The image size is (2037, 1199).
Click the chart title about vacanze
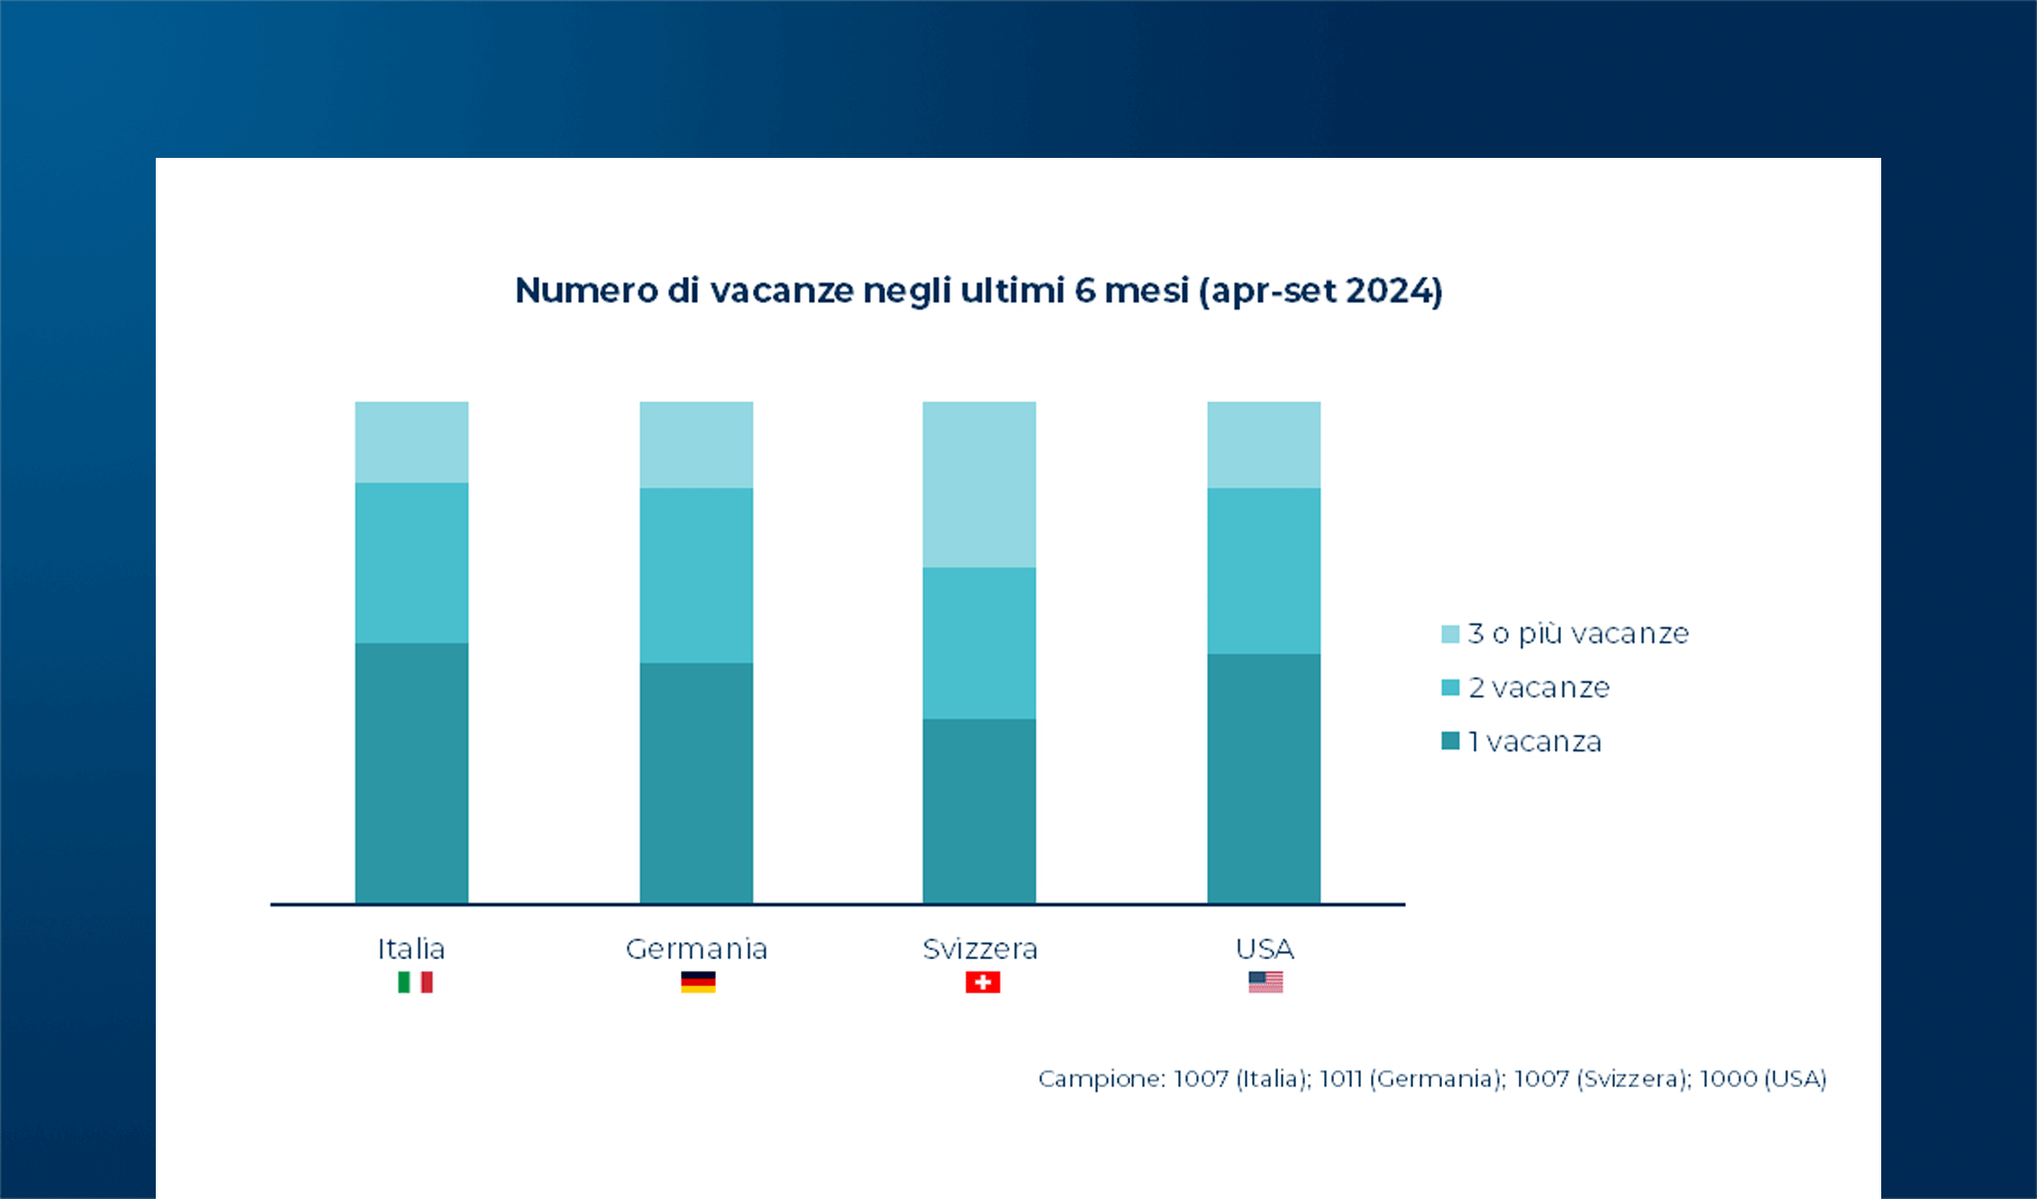point(979,291)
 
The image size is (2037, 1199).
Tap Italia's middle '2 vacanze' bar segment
point(411,563)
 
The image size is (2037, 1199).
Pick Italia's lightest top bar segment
point(411,442)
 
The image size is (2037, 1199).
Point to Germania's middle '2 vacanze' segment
point(696,575)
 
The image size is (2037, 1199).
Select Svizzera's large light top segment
point(979,485)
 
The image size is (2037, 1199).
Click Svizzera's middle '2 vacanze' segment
point(979,642)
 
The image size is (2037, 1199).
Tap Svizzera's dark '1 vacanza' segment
point(979,810)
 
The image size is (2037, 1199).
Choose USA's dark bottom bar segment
point(1263,778)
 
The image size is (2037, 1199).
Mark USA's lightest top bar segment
point(1263,445)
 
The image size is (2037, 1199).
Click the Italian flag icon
point(414,982)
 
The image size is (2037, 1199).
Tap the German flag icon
point(698,982)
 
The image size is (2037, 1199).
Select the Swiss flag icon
point(983,982)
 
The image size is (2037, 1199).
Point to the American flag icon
point(1265,982)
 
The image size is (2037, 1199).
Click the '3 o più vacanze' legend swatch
point(1450,634)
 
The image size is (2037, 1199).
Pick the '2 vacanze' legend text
point(1539,687)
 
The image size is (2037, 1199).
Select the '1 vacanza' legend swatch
point(1450,741)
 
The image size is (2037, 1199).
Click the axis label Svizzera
point(980,948)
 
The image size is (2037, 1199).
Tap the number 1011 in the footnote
point(1340,1079)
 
